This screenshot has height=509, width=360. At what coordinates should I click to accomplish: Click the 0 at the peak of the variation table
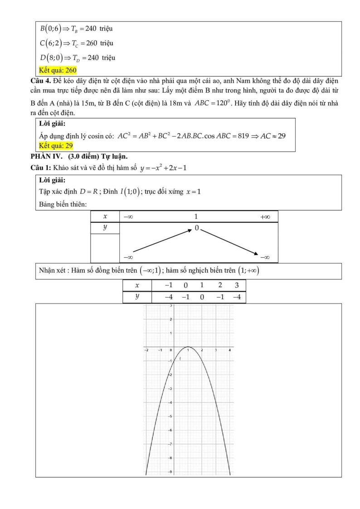197,228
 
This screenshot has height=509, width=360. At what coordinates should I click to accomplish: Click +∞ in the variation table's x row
265,217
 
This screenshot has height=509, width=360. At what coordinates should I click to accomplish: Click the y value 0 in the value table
202,298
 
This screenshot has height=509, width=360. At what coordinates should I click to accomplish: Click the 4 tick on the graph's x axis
230,350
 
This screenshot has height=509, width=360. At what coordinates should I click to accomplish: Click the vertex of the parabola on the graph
188,347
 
